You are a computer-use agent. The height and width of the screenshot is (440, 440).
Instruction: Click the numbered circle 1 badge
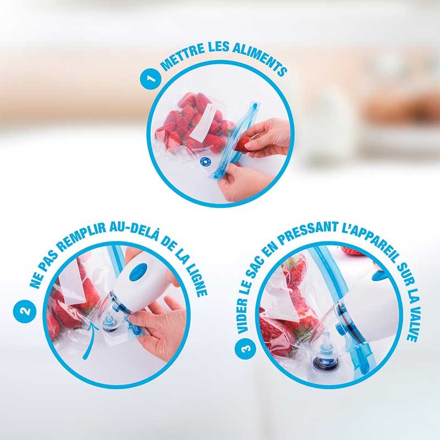[146, 81]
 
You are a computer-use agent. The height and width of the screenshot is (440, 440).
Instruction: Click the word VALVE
[413, 319]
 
